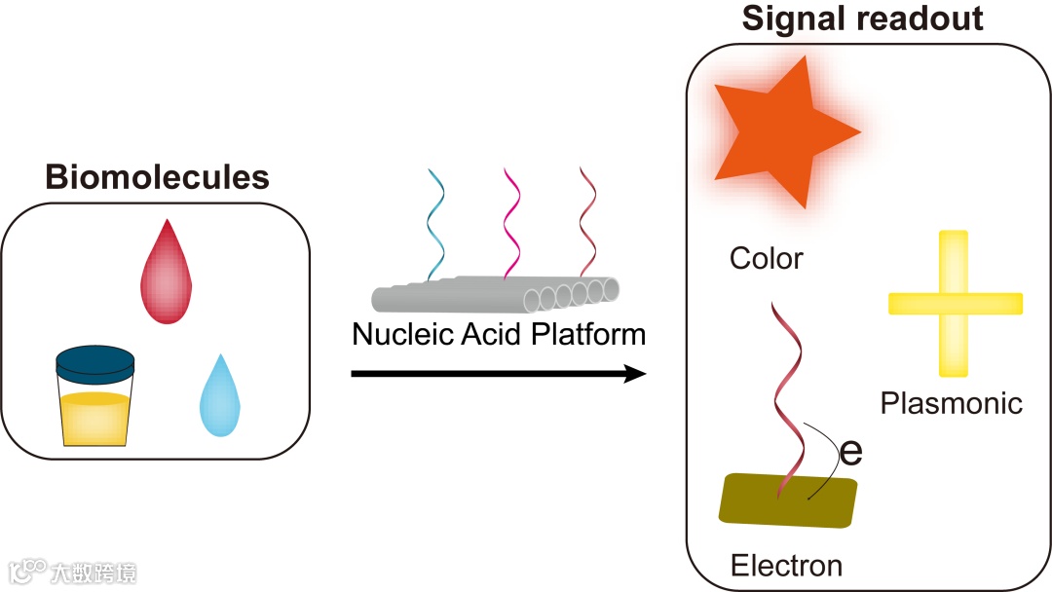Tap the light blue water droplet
[x=219, y=399]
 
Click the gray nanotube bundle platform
[x=497, y=292]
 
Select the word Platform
[x=588, y=335]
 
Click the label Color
[x=767, y=259]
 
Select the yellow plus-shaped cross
[x=955, y=303]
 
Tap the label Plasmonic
[x=952, y=403]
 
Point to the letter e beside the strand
[x=850, y=452]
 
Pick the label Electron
[x=786, y=565]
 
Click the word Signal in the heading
[x=792, y=18]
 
